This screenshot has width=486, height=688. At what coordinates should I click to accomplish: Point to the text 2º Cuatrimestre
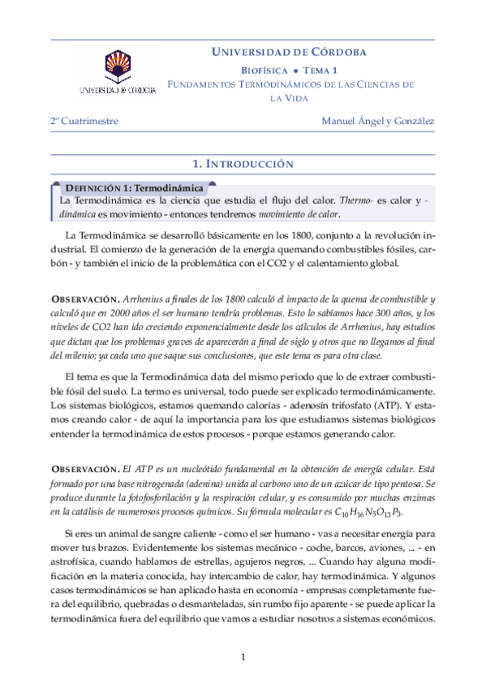(x=84, y=121)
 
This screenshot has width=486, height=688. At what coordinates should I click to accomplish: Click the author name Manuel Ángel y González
(x=378, y=121)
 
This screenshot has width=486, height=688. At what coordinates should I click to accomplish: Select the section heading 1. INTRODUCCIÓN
(x=243, y=164)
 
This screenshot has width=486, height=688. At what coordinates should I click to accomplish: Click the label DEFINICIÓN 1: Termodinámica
(x=134, y=187)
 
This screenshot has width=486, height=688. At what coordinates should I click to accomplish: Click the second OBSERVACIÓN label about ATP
(x=86, y=468)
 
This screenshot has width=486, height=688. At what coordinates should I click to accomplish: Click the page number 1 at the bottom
(x=243, y=656)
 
